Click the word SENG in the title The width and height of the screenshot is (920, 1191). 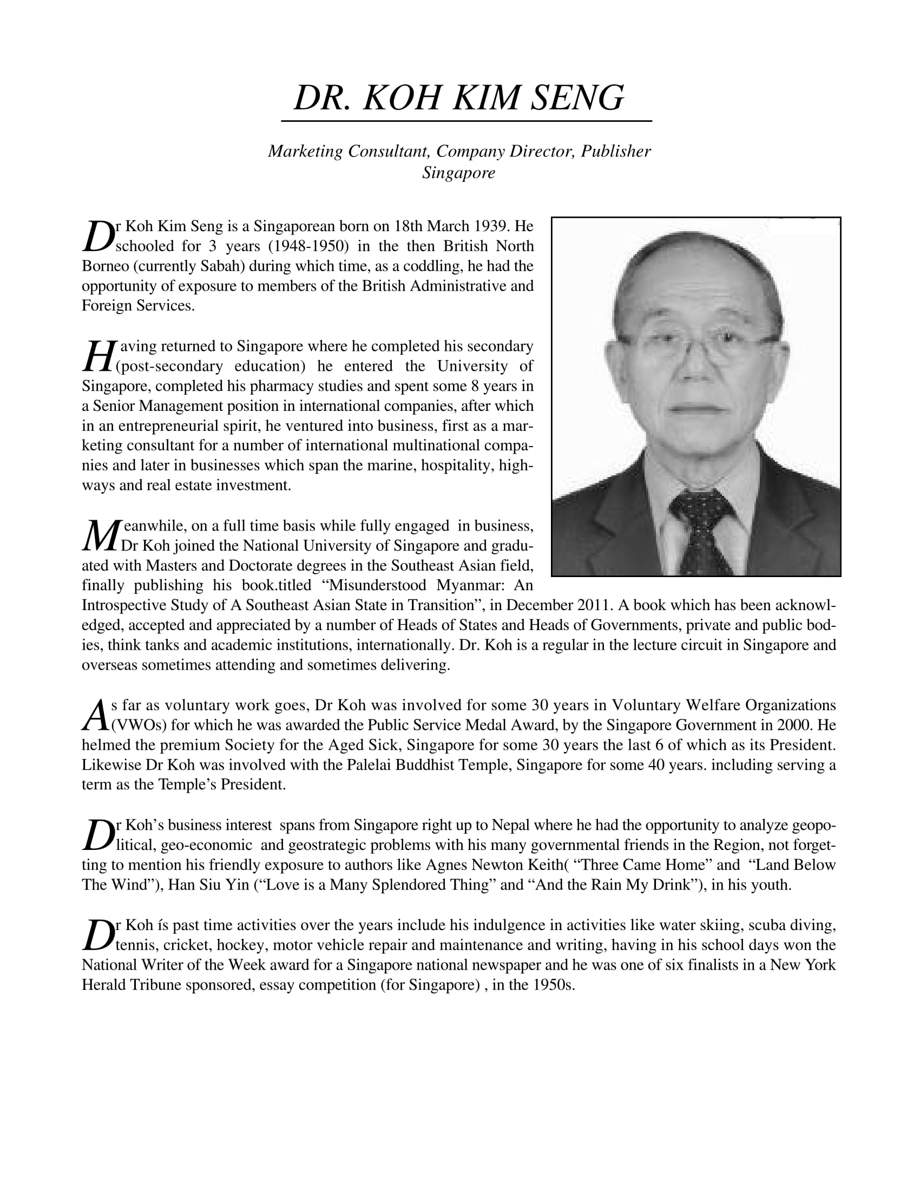coord(577,98)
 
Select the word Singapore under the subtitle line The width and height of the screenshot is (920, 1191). coord(458,173)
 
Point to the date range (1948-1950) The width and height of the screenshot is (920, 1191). coord(308,246)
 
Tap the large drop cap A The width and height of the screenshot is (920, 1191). coord(95,716)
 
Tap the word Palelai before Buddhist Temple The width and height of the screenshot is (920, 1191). coord(367,765)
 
